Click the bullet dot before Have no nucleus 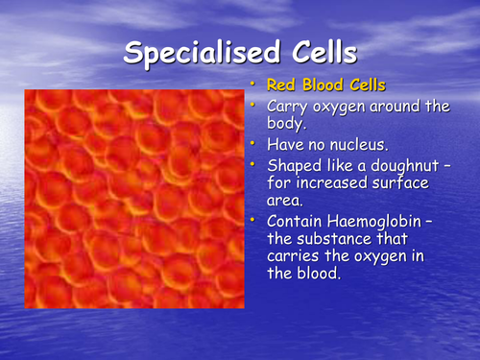point(257,144)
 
